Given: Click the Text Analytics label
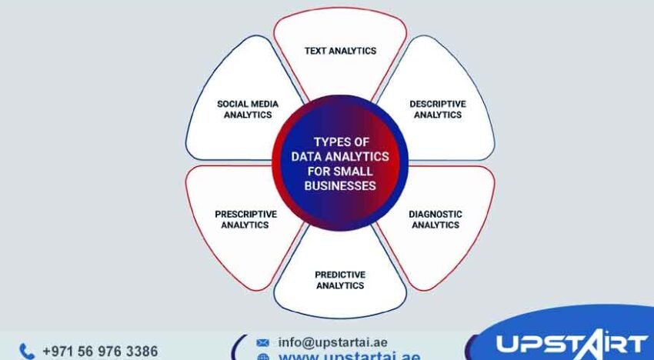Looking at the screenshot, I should point(340,51).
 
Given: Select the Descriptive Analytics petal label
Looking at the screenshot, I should point(437,108).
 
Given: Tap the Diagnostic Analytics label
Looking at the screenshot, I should point(435,219).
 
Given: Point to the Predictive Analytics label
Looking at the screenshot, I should point(340,279).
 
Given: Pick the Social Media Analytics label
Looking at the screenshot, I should point(248,109).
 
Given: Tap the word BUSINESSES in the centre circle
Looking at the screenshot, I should point(340,185).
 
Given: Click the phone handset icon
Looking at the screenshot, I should point(26,352).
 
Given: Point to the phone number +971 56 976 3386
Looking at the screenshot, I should point(100,352).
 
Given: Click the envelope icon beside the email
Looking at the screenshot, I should point(263,342).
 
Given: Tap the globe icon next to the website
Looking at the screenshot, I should point(263,357).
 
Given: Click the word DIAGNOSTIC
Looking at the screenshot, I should point(435,214).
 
